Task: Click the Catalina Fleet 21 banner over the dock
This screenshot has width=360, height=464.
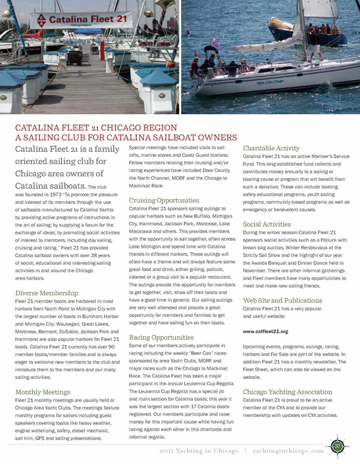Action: coord(81,21)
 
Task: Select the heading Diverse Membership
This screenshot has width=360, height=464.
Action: coord(46,293)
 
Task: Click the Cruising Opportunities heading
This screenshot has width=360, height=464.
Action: coord(163,200)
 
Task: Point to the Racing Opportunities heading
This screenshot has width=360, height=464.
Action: coord(161,337)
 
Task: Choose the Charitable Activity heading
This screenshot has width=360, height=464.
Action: coord(271,148)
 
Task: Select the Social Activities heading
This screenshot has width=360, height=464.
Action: coord(267,224)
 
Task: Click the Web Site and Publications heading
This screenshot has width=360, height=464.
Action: coord(282,300)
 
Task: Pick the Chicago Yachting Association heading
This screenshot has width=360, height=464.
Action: coord(287,392)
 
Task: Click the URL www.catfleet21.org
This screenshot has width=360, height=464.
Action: coord(265,331)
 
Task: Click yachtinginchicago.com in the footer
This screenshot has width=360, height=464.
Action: coord(288,451)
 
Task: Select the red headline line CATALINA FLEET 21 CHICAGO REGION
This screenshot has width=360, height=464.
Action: coord(96,127)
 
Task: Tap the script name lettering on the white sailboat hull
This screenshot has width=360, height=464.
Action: coord(271,81)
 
